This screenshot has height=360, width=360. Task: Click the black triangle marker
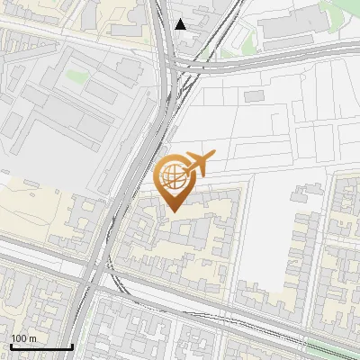pyautogui.click(x=181, y=24)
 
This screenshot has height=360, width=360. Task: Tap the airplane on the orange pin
pyautogui.click(x=199, y=164)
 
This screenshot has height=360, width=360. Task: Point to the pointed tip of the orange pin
pyautogui.click(x=173, y=211)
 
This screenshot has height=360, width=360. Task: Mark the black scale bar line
pyautogui.click(x=40, y=346)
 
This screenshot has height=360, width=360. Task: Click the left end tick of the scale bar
pyautogui.click(x=10, y=345)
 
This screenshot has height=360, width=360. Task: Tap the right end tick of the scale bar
pyautogui.click(x=72, y=345)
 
